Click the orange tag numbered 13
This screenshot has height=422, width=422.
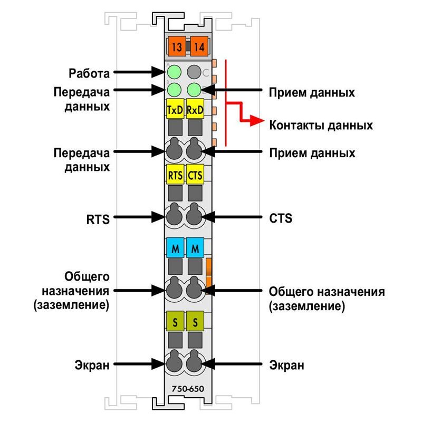(x=177, y=46)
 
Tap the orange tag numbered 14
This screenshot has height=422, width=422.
(x=199, y=46)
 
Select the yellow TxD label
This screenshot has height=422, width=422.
(x=175, y=109)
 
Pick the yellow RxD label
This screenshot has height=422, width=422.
(x=195, y=109)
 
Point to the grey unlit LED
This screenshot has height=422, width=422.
(x=194, y=72)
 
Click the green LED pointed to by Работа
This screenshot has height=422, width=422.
(x=174, y=72)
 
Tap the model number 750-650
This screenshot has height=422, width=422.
(x=188, y=389)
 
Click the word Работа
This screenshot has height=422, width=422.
(x=89, y=73)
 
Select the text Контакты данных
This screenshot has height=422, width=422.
(x=321, y=126)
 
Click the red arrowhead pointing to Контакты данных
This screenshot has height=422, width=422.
(x=257, y=120)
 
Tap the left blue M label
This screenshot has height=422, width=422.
(x=175, y=247)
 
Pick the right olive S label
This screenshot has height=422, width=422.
(x=195, y=321)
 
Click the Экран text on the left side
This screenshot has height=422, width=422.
(x=92, y=365)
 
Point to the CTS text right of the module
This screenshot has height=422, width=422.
(x=281, y=218)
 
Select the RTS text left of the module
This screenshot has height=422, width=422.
(x=98, y=219)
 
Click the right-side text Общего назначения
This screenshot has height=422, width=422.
(x=327, y=292)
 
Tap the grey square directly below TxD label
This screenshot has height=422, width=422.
(x=175, y=128)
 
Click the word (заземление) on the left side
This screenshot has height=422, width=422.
(x=71, y=305)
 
